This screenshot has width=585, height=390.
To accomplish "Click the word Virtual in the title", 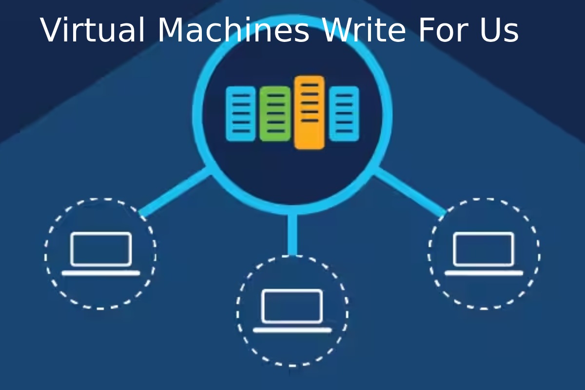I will [94, 30].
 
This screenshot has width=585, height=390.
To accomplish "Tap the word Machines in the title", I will [233, 30].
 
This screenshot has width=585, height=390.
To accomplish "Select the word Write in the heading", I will [363, 30].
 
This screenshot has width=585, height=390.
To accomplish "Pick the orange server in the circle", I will [309, 112].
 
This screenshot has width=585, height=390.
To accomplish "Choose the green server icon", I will [275, 114].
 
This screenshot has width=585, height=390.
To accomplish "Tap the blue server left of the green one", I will [241, 114].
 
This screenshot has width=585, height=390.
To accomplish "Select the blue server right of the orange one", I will [344, 114].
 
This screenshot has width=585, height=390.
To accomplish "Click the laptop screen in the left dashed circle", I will [101, 249].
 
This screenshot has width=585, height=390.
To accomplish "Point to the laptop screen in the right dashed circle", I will [484, 249].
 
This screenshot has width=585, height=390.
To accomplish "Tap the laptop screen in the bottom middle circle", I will [292, 306].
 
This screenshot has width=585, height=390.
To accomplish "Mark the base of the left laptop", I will [101, 273].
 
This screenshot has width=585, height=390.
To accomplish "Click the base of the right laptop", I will [484, 273].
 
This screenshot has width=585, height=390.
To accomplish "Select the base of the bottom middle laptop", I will [292, 330].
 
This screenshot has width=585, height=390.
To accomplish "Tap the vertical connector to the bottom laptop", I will [292, 234].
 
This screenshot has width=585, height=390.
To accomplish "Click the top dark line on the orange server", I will [309, 85].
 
